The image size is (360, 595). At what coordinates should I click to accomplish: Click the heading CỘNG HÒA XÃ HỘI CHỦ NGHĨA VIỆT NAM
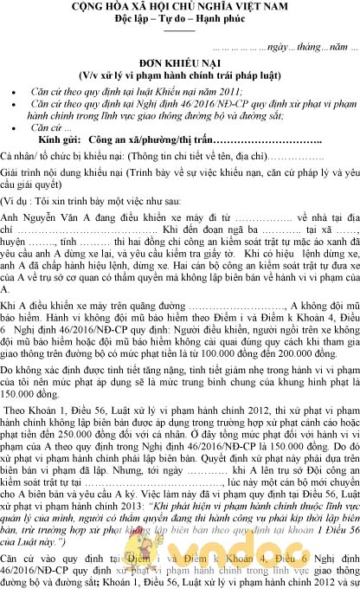click(x=179, y=8)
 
